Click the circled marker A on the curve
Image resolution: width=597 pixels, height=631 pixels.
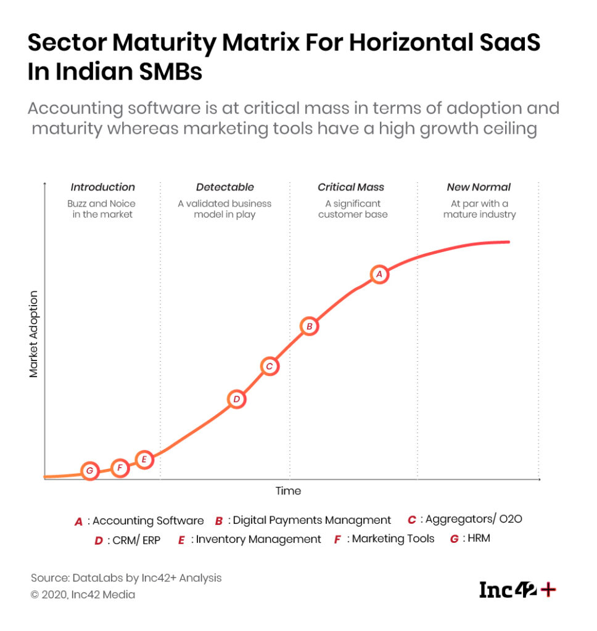point(379,274)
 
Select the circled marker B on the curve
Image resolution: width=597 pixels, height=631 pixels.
point(310,326)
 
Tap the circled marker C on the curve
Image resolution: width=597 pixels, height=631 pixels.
point(269,366)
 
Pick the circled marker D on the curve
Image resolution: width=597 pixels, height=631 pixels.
point(236,399)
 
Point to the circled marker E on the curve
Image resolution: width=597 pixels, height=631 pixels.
point(144,459)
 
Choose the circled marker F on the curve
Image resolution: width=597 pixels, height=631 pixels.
point(120,468)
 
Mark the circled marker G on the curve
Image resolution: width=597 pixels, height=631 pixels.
point(90,471)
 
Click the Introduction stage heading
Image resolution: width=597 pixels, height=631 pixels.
point(102,187)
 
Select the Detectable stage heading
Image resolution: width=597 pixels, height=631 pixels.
point(224,187)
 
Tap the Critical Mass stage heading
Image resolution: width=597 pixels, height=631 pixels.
point(351,187)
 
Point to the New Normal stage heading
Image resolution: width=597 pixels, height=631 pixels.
point(479,187)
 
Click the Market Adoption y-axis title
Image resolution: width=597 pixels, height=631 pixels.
point(34,334)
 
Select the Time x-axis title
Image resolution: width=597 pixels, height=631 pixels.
point(288,491)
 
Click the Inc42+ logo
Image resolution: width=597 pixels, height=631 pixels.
point(517,590)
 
